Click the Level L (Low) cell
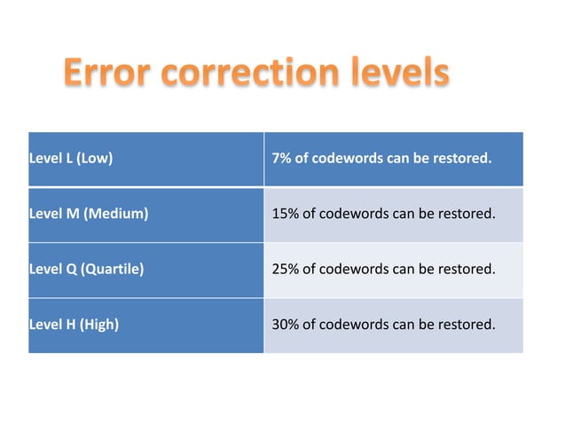[x=145, y=160]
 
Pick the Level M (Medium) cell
[x=145, y=214]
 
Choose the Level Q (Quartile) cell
[x=145, y=269]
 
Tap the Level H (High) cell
[x=145, y=324]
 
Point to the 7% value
[x=281, y=160]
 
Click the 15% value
[x=285, y=214]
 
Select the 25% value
[x=285, y=269]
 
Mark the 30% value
[x=285, y=324]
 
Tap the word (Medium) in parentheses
[x=115, y=214]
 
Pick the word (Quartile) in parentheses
[x=113, y=269]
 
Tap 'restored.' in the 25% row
[x=467, y=269]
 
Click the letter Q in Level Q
[x=70, y=269]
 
